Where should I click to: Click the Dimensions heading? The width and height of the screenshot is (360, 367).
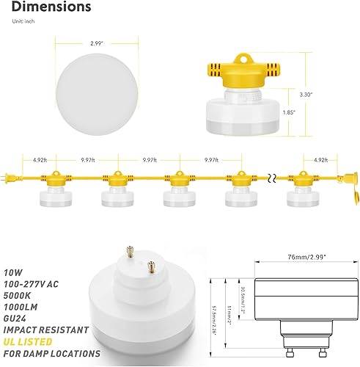[51, 8]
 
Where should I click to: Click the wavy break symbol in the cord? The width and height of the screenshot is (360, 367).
[273, 178]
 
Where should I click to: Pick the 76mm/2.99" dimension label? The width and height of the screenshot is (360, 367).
[302, 258]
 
